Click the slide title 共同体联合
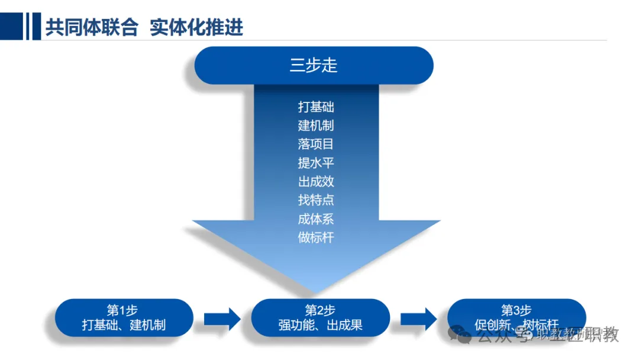point(92,28)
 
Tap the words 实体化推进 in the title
point(197,28)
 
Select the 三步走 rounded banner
point(314,65)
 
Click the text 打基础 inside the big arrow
point(316,107)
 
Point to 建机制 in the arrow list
point(316,126)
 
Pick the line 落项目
point(316,144)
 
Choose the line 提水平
point(316,163)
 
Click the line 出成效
point(316,181)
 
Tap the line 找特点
point(316,200)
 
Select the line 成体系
point(316,219)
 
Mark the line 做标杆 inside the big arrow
point(316,237)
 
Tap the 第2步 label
point(320,310)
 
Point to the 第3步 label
point(517,310)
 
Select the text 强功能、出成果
point(320,325)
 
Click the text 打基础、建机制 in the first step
point(124,325)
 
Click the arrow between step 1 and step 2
point(222,319)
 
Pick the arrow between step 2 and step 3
point(418,319)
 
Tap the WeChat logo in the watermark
point(459,335)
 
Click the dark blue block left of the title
point(12,27)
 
